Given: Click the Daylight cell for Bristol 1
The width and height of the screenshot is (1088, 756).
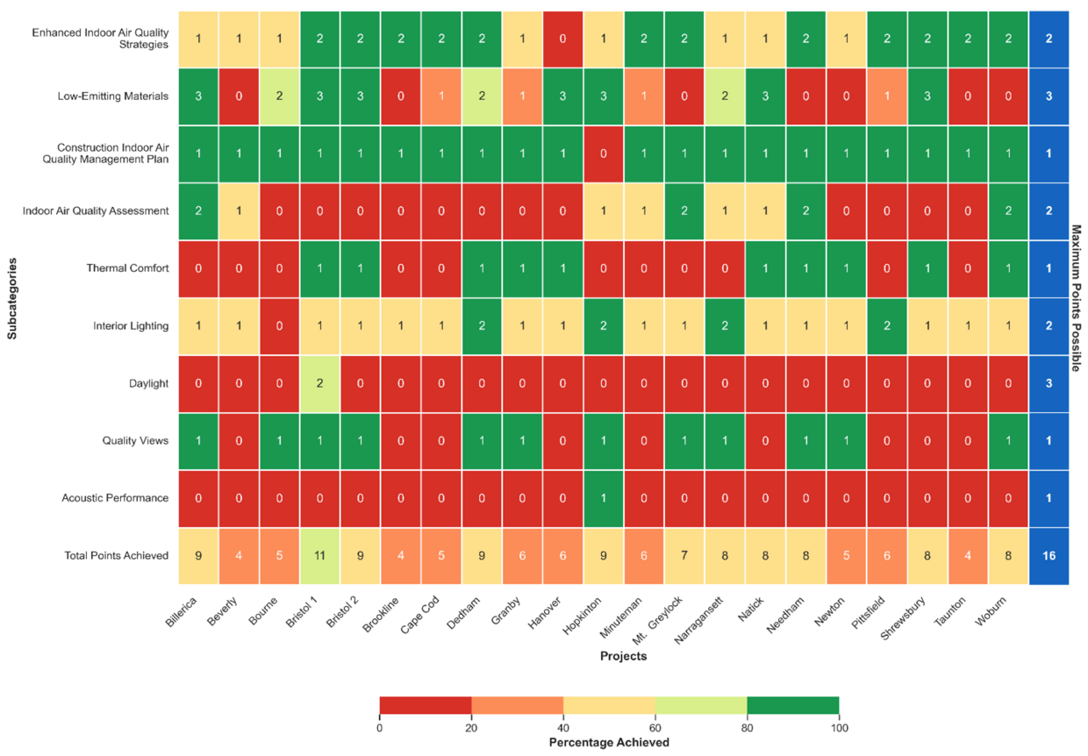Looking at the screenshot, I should pyautogui.click(x=319, y=383).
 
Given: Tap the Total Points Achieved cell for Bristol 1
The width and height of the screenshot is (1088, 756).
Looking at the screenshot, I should pyautogui.click(x=319, y=555).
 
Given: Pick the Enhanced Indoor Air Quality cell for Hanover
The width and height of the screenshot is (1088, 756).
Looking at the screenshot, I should pyautogui.click(x=562, y=39).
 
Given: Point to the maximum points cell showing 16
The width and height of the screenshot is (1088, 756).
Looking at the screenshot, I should pyautogui.click(x=1049, y=555).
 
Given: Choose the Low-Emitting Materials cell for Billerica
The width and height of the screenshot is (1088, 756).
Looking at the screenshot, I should pyautogui.click(x=198, y=96).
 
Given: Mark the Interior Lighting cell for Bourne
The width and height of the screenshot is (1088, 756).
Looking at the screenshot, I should pyautogui.click(x=279, y=325).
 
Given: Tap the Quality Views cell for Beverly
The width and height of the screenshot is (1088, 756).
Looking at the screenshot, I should pyautogui.click(x=239, y=440).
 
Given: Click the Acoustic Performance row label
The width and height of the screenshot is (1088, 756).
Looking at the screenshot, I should pyautogui.click(x=116, y=498).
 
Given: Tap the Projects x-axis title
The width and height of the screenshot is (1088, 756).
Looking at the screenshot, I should pyautogui.click(x=623, y=656).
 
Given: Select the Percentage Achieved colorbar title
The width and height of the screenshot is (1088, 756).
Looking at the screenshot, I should pyautogui.click(x=609, y=743).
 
